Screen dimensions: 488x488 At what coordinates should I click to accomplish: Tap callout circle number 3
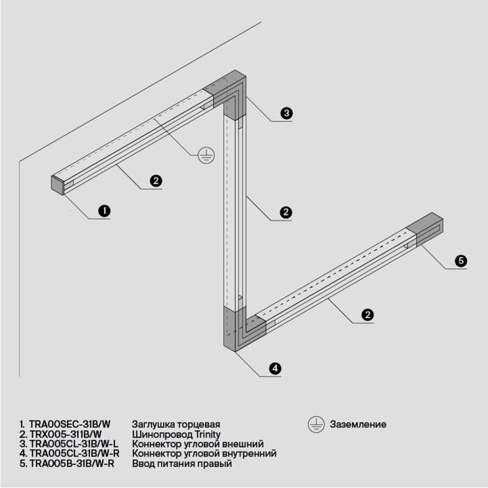(286, 112)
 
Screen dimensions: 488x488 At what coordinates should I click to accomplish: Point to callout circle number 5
(460, 261)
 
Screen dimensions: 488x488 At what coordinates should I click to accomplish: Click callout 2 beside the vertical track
(284, 212)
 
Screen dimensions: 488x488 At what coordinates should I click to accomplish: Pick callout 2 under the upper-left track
(156, 181)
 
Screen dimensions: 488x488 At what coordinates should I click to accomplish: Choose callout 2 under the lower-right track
(367, 315)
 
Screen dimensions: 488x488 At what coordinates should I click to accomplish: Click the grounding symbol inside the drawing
(204, 155)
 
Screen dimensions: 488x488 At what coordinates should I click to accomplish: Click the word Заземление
(358, 424)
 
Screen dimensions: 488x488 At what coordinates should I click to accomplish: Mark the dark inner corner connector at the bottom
(238, 328)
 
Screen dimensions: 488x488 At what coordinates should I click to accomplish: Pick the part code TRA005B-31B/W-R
(73, 463)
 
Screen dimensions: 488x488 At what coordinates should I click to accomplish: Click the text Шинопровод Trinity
(171, 434)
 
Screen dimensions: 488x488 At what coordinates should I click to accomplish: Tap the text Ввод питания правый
(181, 463)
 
